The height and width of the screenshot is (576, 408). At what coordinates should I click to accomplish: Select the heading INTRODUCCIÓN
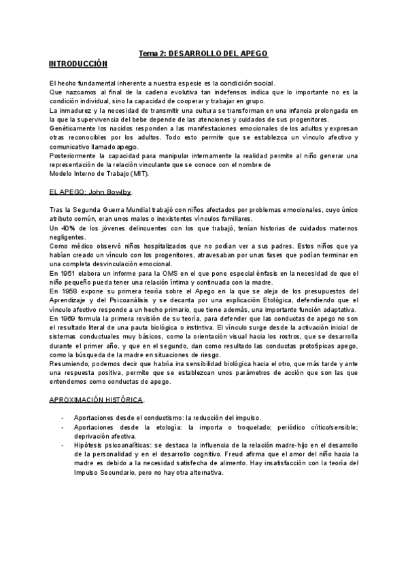pyautogui.click(x=78, y=63)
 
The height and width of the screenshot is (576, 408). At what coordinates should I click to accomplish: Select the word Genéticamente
pyautogui.click(x=73, y=129)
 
